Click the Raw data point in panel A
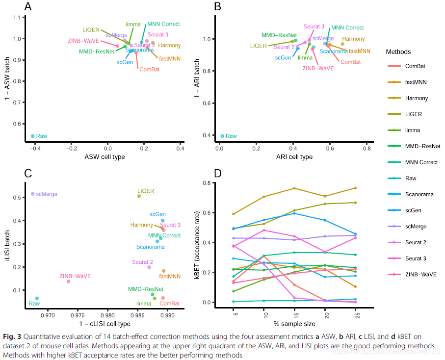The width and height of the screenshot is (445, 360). point(33,136)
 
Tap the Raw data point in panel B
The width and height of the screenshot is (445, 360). point(222,136)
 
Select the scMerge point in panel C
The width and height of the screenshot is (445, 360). point(33,194)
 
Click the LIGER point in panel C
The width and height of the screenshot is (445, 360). point(139,196)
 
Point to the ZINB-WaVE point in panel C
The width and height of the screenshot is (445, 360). point(68,281)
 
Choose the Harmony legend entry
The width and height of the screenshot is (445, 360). point(416,98)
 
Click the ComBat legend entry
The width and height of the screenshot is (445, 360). point(415,66)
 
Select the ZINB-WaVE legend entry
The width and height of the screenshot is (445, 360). point(420,274)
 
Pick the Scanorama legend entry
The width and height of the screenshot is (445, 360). point(419,194)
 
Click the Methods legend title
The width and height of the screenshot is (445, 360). point(398,51)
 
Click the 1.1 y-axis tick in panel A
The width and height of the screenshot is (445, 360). point(18,18)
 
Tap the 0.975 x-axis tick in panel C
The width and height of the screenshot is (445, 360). point(78,315)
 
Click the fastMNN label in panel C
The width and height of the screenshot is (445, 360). point(169,277)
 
